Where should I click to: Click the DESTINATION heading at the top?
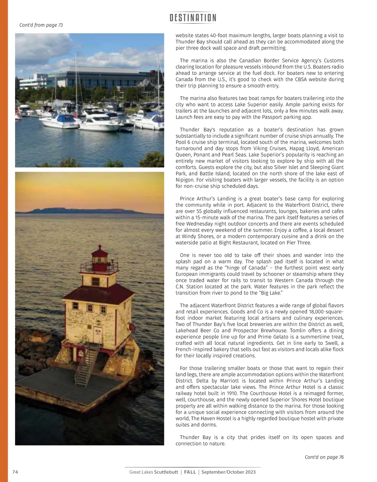pyautogui.click(x=193, y=18)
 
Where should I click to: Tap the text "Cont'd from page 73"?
pyautogui.click(x=41, y=25)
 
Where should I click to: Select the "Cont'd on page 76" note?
pyautogui.click(x=324, y=457)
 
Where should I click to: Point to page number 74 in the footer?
pyautogui.click(x=15, y=472)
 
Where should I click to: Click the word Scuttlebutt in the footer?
pyautogui.click(x=166, y=472)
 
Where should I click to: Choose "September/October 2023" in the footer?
pyautogui.click(x=228, y=472)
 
